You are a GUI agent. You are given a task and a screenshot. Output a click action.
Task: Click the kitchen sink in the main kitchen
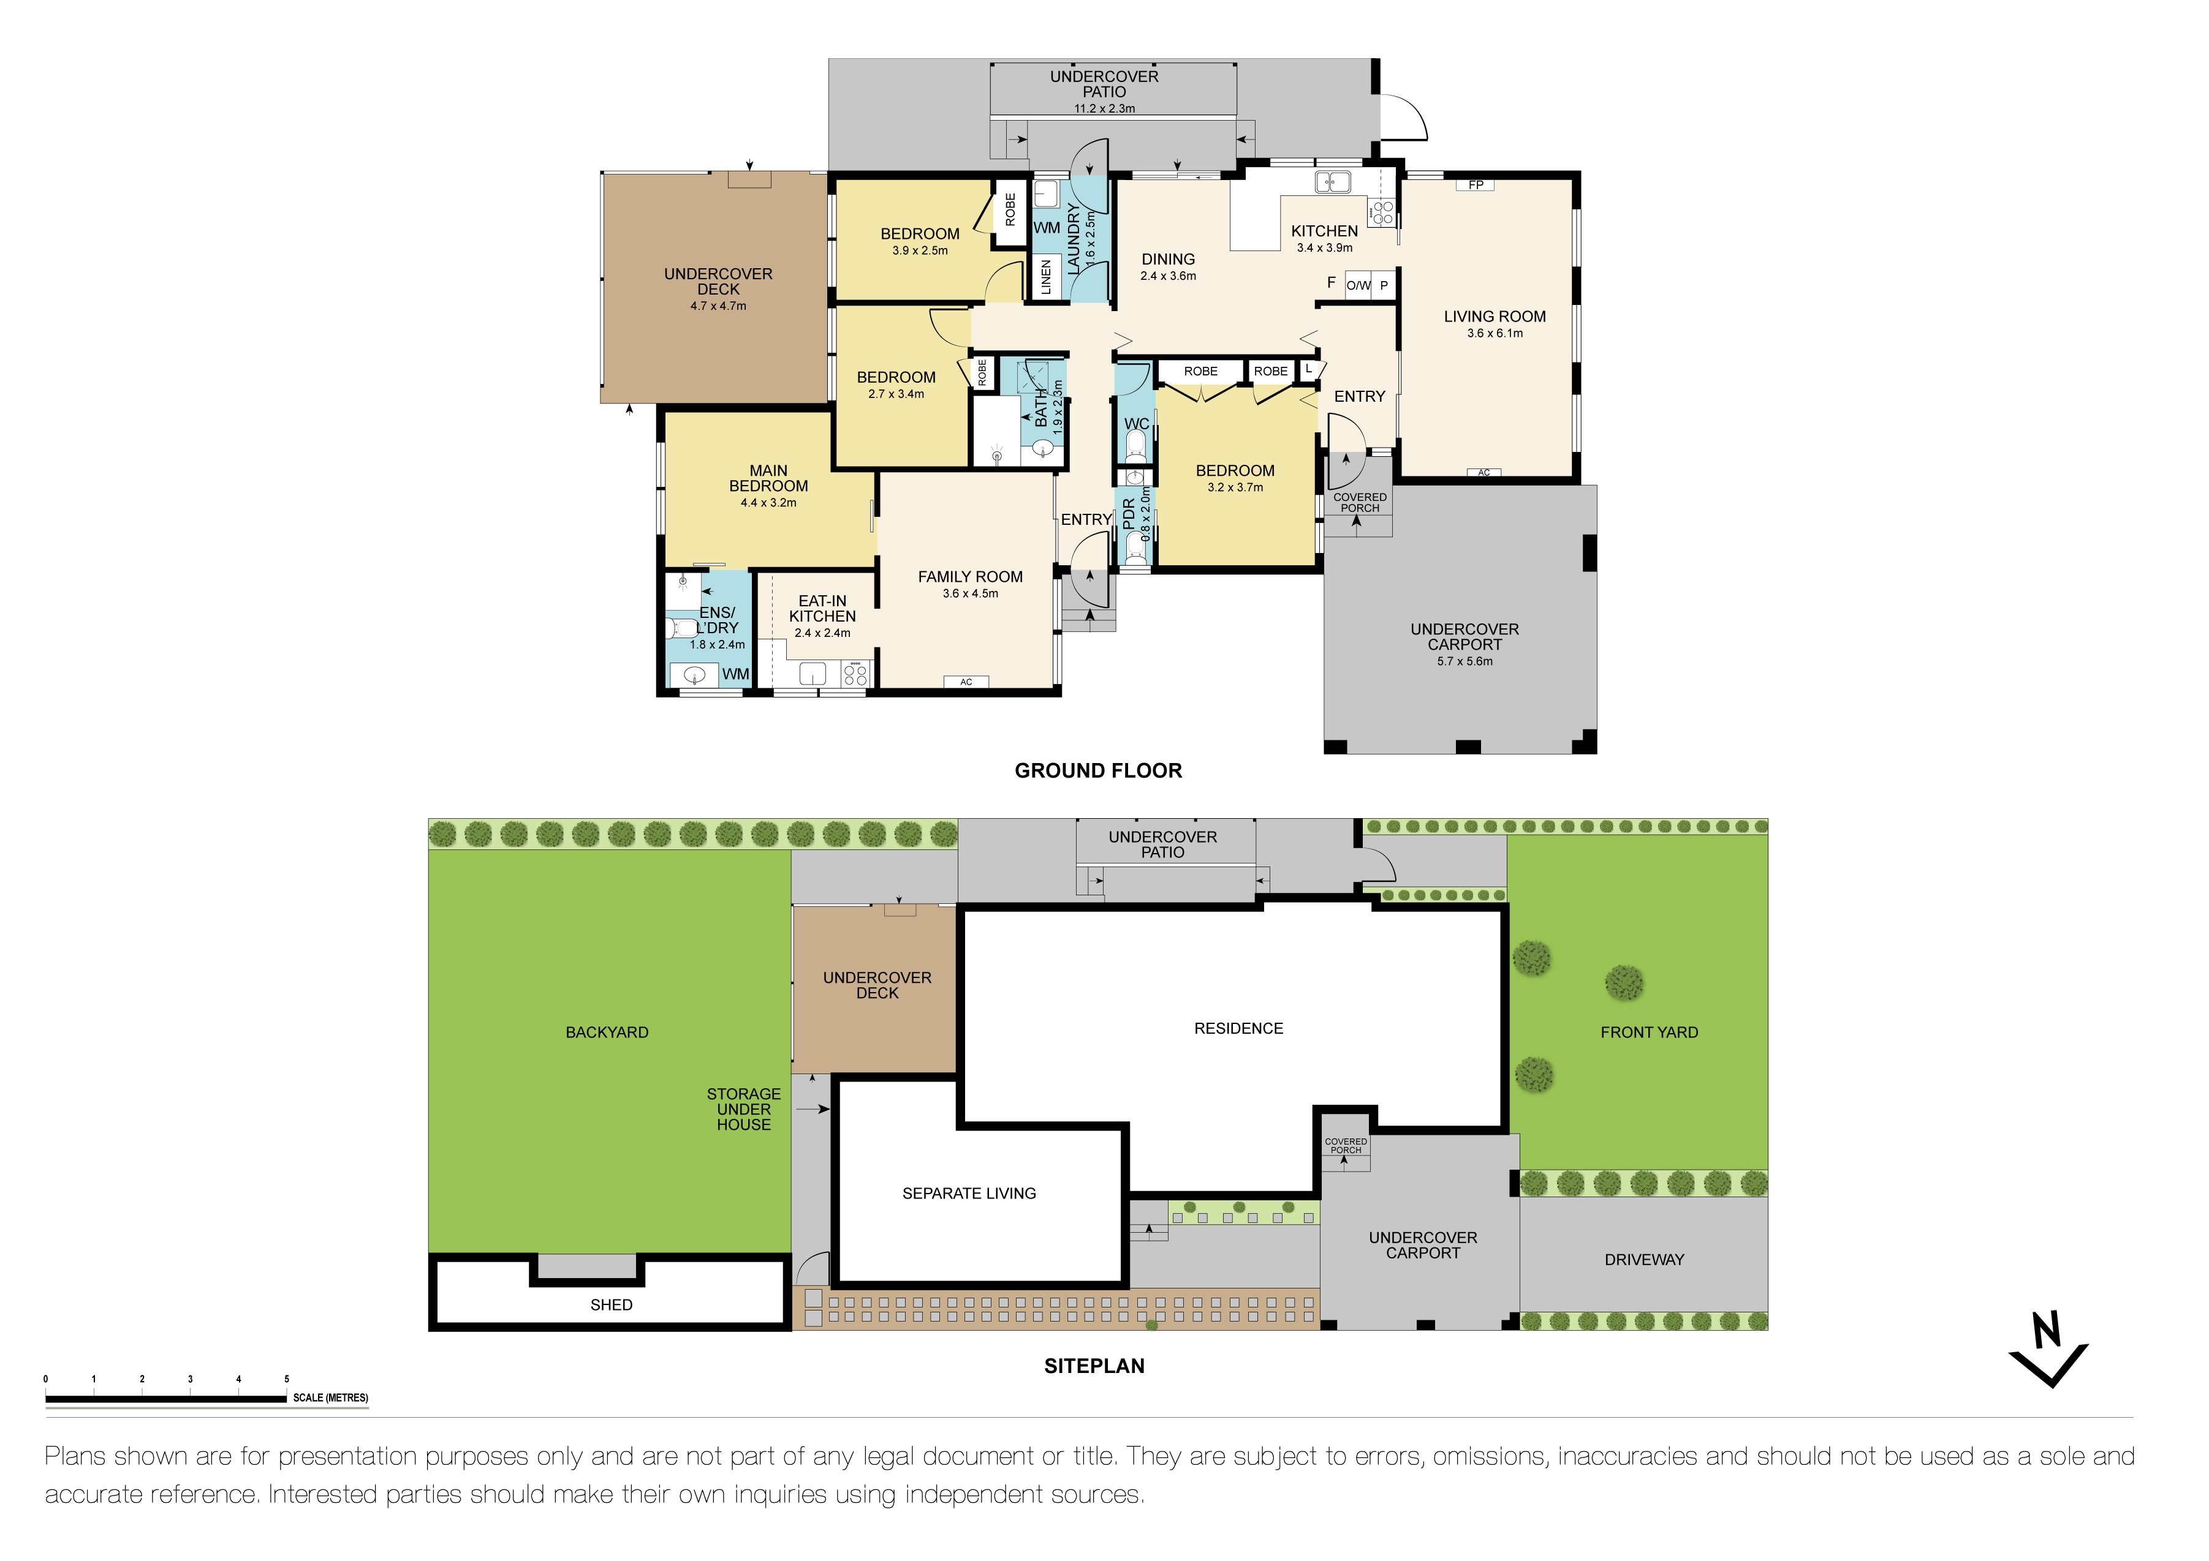[1333, 181]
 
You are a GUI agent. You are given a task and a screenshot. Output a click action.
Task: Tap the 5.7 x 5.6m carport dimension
[1464, 662]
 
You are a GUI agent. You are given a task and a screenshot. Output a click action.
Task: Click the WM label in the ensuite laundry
[735, 674]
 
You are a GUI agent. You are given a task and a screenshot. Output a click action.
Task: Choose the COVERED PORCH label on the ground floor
[1360, 503]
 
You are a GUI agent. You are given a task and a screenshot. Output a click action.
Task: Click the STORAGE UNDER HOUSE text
[744, 1109]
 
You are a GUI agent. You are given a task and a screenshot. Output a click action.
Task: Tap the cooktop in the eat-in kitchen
[854, 674]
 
